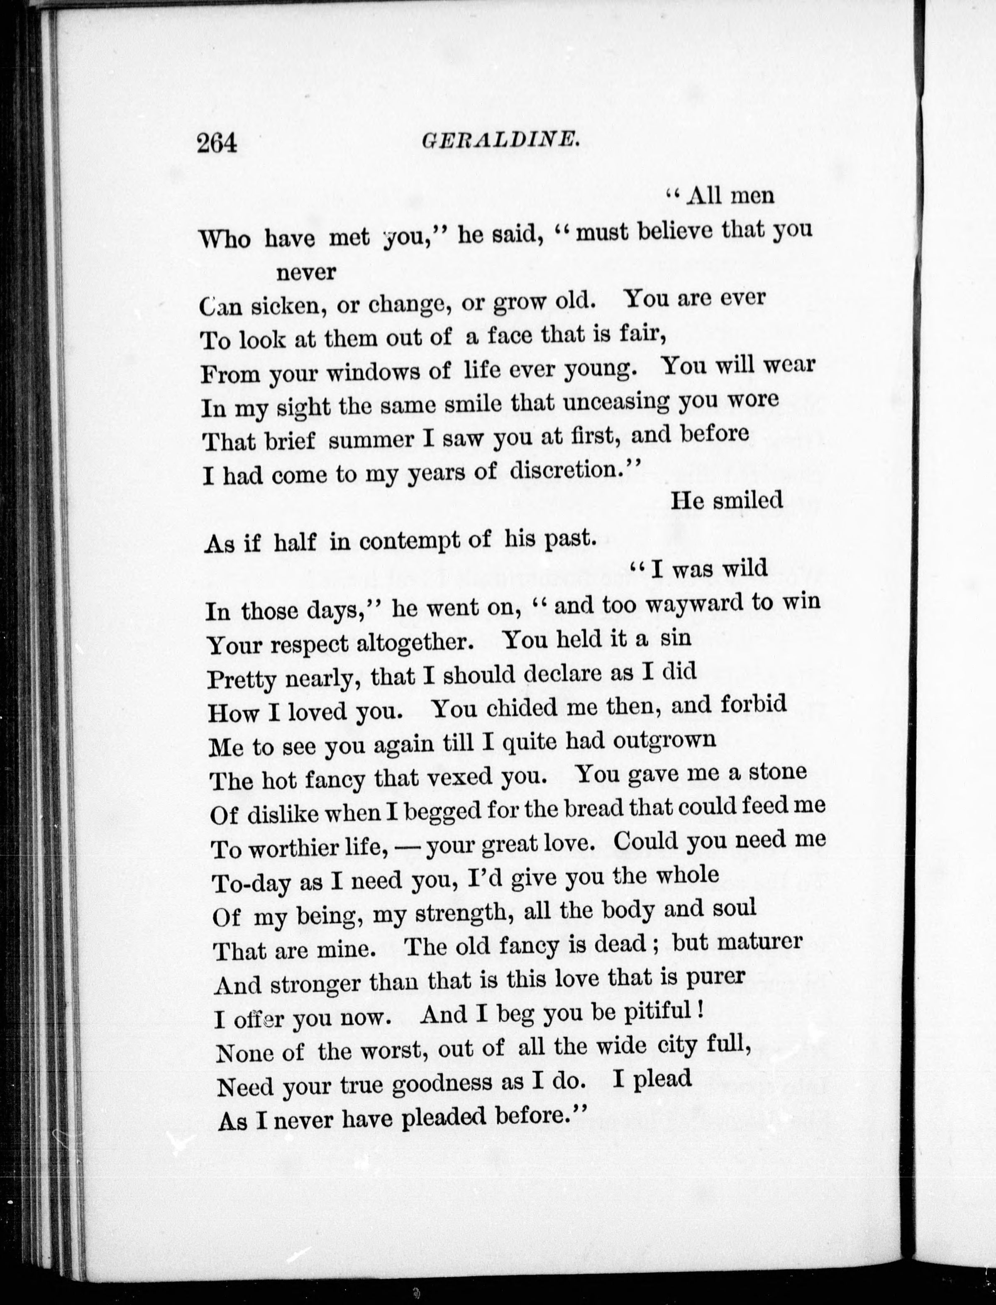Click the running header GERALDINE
click(x=500, y=141)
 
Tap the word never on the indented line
click(x=305, y=272)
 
